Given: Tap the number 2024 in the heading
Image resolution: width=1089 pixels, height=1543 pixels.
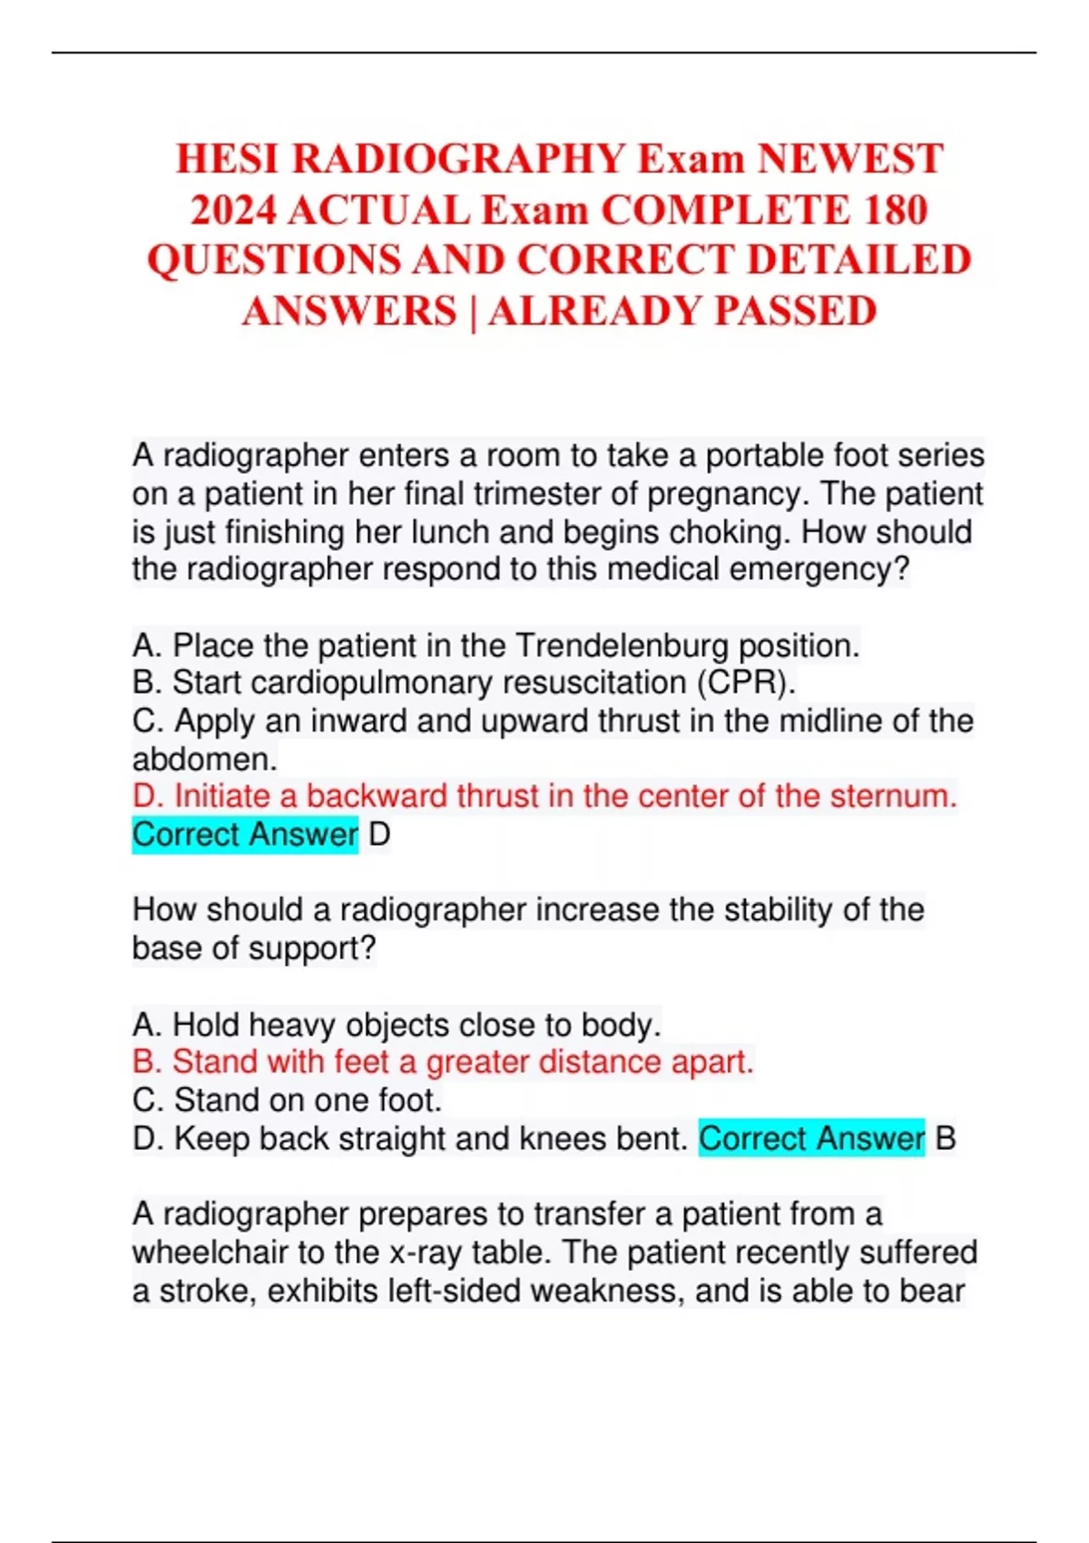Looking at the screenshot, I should point(233,211).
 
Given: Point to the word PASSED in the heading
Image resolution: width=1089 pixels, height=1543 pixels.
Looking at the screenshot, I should point(795,311).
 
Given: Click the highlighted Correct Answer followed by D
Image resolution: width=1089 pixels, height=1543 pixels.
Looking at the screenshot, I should point(245,834).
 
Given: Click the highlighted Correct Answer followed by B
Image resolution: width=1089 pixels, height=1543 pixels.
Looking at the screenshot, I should point(811,1138).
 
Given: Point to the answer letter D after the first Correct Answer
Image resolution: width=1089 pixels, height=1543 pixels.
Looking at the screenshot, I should point(379,834).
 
